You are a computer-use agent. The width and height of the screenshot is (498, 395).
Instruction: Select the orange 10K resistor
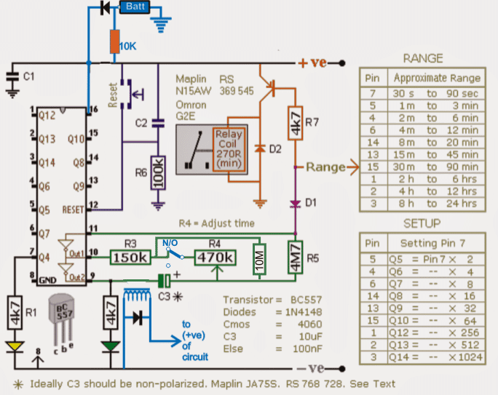click(x=115, y=43)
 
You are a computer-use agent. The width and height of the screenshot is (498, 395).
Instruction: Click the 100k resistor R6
click(x=158, y=172)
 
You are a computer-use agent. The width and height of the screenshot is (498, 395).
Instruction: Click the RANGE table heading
click(x=423, y=58)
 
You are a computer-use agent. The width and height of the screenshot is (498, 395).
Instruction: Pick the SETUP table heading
click(x=423, y=223)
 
